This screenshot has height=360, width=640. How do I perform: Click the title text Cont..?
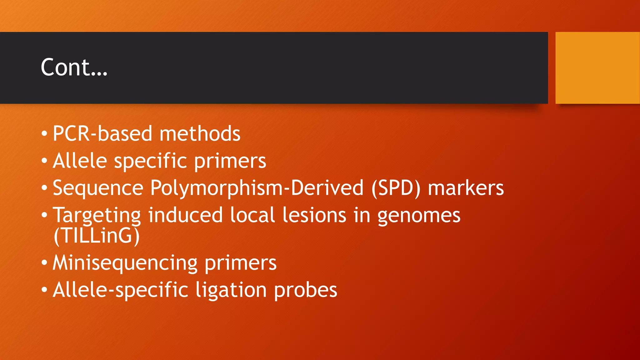74,67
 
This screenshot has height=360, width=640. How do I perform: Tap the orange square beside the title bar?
597,68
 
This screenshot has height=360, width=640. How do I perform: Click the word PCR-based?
102,134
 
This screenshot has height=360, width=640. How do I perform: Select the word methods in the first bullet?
200,134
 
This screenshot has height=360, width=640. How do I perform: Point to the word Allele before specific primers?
80,161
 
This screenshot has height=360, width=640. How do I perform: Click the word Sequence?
98,188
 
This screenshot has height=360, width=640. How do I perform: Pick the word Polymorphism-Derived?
257,188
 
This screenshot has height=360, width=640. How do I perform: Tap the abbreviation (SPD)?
396,188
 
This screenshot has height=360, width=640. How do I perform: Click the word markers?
466,188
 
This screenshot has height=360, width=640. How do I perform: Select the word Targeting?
97,216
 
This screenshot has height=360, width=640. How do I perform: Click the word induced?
185,215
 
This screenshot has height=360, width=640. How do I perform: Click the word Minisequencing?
125,263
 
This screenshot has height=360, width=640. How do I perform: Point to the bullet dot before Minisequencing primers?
44,263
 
